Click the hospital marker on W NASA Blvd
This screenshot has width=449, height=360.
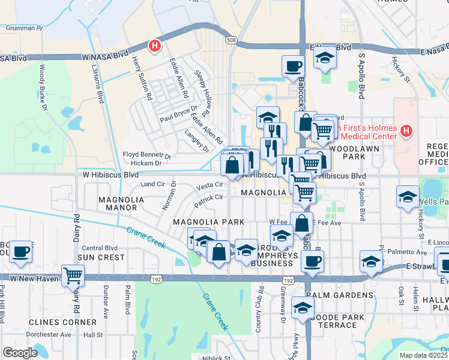(x=155, y=45)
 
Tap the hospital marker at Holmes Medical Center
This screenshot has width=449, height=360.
(x=406, y=130)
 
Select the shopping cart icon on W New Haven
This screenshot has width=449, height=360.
(x=73, y=275)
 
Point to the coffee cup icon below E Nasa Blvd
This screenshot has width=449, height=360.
(x=293, y=65)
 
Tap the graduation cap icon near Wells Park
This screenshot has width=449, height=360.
(x=407, y=196)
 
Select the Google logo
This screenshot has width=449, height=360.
(x=20, y=353)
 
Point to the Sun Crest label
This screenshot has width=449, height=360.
(x=101, y=257)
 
